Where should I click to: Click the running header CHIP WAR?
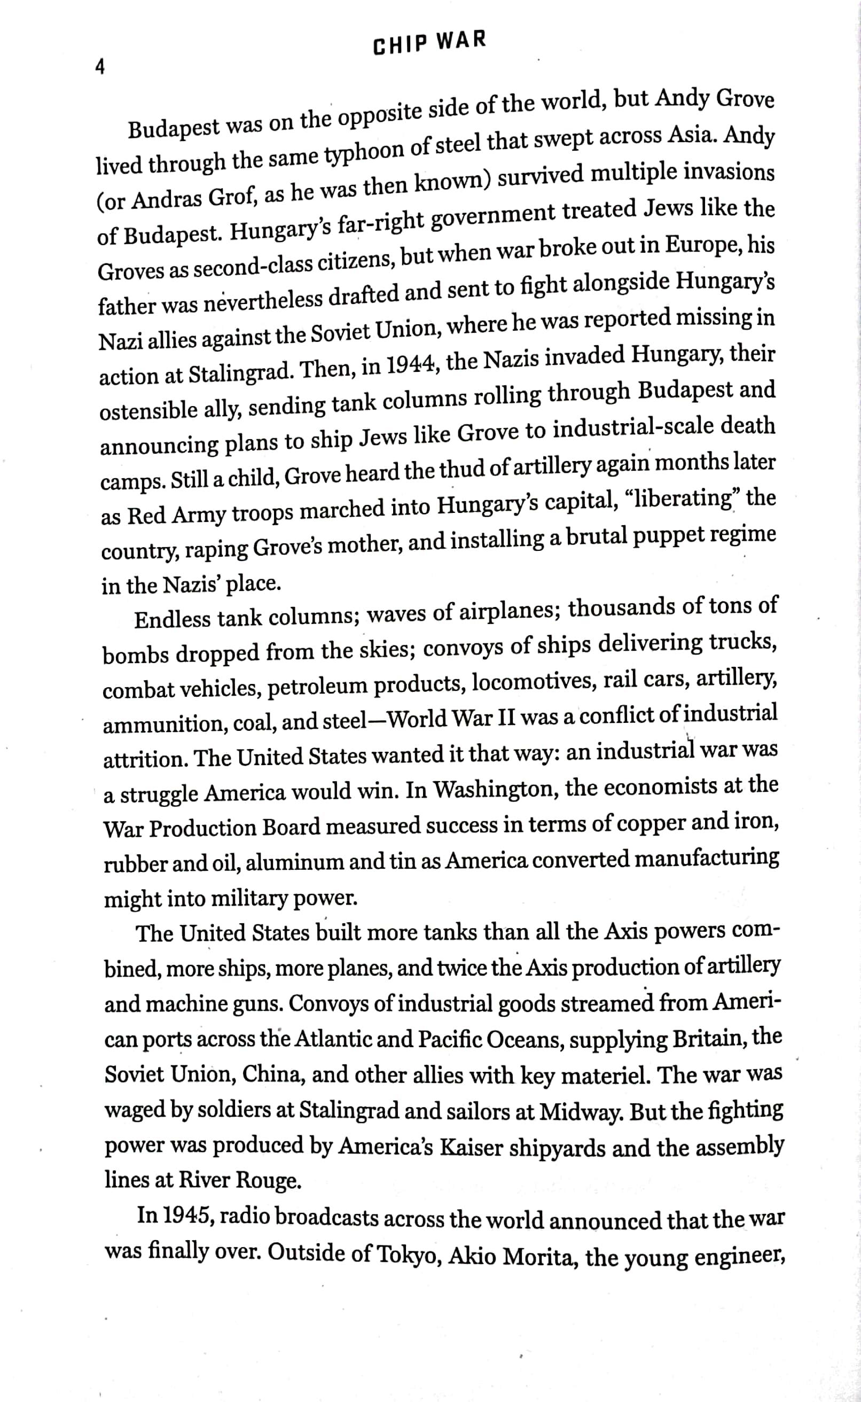pos(430,43)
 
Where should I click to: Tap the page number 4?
pos(100,68)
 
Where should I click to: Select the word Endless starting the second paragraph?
pos(172,618)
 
